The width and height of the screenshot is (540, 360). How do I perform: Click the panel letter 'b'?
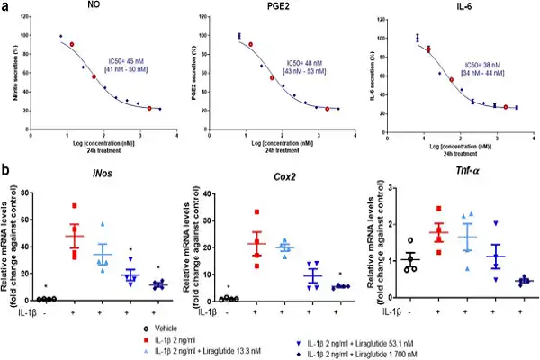(x=8, y=168)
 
